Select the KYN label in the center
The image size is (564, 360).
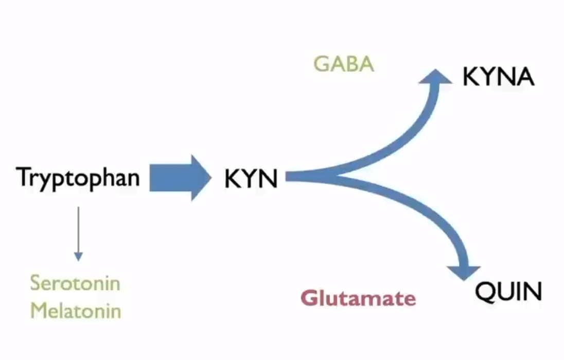[x=251, y=180]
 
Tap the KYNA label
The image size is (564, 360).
[x=498, y=78]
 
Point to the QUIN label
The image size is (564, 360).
[x=508, y=292]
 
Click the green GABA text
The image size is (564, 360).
[x=344, y=65]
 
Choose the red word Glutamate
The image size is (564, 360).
[x=358, y=298]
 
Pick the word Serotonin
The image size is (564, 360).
[x=75, y=283]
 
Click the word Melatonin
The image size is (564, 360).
[x=76, y=311]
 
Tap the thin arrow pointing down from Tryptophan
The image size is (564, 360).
[x=78, y=232]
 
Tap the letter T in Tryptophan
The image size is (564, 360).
[x=23, y=177]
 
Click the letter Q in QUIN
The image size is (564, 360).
[x=485, y=293]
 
